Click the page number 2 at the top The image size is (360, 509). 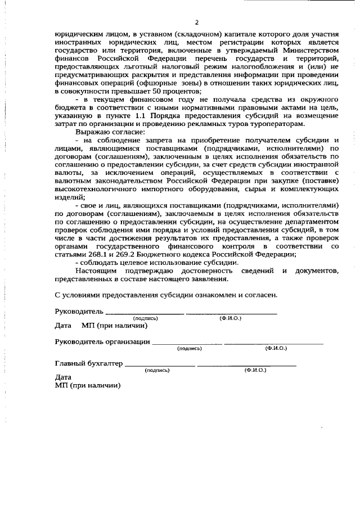pyautogui.click(x=197, y=22)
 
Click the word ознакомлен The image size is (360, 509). pyautogui.click(x=205, y=294)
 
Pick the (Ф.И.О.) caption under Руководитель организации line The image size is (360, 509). pyautogui.click(x=276, y=348)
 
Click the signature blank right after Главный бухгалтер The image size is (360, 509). pyautogui.click(x=160, y=365)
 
